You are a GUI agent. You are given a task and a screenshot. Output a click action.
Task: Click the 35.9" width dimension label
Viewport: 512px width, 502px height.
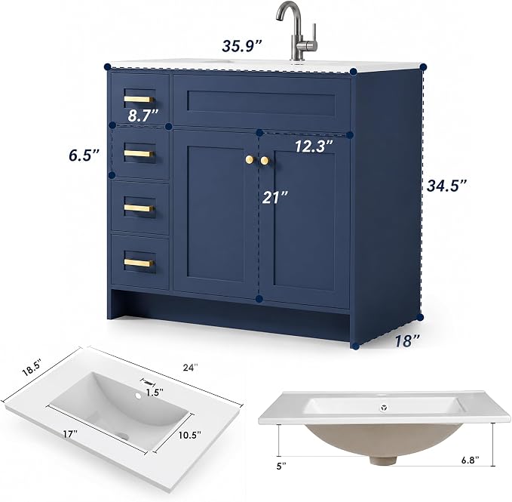pyautogui.click(x=242, y=46)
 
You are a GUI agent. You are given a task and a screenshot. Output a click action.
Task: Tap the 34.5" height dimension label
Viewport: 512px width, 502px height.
pyautogui.click(x=446, y=186)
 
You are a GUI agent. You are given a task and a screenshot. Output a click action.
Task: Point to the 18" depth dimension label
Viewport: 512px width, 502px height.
pyautogui.click(x=407, y=341)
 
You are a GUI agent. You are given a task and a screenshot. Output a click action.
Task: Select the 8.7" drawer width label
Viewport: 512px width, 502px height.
pyautogui.click(x=143, y=115)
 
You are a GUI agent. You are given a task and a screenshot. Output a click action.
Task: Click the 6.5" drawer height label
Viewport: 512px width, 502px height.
pyautogui.click(x=84, y=155)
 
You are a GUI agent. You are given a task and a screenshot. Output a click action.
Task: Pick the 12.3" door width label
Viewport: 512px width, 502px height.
pyautogui.click(x=314, y=146)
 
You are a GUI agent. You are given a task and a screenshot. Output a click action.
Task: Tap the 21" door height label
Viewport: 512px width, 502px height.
pyautogui.click(x=275, y=197)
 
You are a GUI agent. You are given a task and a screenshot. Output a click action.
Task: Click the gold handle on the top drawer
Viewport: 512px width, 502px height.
pyautogui.click(x=139, y=99)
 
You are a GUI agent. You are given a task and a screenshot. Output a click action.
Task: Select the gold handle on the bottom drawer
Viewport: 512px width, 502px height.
pyautogui.click(x=139, y=263)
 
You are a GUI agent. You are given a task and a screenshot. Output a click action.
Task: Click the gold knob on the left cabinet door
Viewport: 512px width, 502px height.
pyautogui.click(x=250, y=159)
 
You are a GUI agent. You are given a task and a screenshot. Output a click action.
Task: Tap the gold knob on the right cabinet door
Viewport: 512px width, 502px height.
pyautogui.click(x=265, y=161)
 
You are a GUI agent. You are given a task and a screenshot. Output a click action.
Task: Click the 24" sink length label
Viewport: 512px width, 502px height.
pyautogui.click(x=190, y=368)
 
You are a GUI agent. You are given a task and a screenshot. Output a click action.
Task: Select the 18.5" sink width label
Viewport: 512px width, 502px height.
pyautogui.click(x=32, y=368)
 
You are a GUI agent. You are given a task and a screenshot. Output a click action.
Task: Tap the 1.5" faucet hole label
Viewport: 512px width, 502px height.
pyautogui.click(x=155, y=393)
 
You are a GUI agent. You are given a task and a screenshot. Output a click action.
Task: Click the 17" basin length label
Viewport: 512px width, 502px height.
pyautogui.click(x=71, y=434)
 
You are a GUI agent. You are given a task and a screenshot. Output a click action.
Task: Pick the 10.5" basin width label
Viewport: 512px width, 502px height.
pyautogui.click(x=190, y=435)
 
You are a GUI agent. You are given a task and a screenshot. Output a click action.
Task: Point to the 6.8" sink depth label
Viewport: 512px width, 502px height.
pyautogui.click(x=471, y=460)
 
